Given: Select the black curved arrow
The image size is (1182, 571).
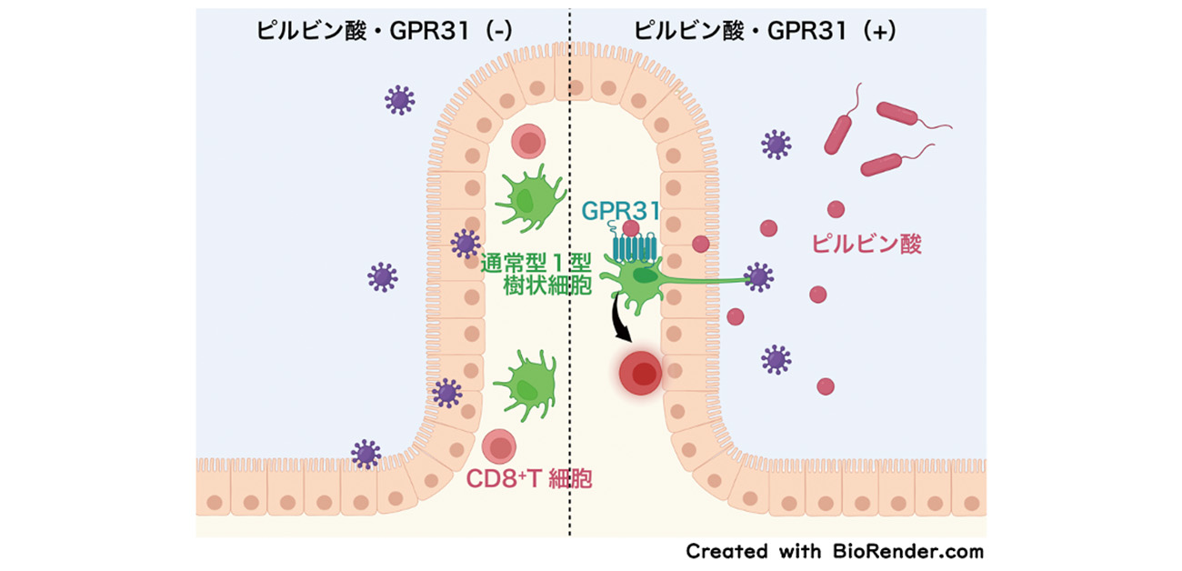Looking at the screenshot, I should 620,323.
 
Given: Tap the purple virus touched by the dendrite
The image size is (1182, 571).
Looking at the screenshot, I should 758,277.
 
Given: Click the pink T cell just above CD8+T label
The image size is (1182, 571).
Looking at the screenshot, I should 498,446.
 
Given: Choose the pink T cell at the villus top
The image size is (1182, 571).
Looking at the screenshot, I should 527,142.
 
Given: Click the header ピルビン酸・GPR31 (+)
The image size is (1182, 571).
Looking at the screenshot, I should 766,30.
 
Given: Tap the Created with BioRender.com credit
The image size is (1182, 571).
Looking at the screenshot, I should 834,551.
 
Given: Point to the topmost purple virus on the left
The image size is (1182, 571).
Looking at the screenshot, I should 399,99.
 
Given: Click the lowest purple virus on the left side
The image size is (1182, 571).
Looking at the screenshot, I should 366,453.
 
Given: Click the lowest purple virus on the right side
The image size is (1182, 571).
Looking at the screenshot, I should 776,359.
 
